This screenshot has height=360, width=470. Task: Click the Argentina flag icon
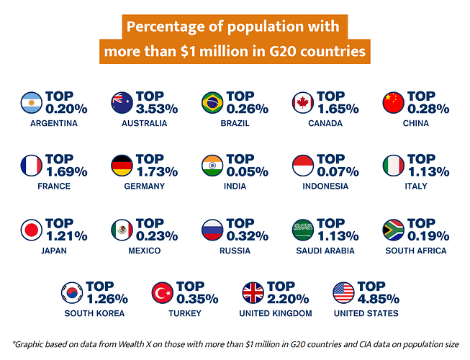click(32, 103)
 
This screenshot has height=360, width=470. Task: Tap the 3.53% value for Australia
click(157, 109)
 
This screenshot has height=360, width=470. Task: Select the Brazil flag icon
click(212, 103)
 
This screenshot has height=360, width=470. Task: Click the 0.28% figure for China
click(428, 109)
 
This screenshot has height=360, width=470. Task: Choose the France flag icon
click(32, 166)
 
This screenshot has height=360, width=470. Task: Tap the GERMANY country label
click(144, 186)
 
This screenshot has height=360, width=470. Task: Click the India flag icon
click(212, 166)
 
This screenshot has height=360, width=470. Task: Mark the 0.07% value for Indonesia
click(338, 173)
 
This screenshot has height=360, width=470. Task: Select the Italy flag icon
click(393, 166)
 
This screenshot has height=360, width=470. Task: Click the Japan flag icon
click(32, 230)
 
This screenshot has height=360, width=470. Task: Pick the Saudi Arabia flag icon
click(302, 230)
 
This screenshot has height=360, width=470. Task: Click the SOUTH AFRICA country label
click(416, 251)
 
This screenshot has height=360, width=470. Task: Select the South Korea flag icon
click(72, 292)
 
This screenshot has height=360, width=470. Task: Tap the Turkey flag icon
click(163, 292)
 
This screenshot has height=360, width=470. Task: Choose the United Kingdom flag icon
click(253, 292)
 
